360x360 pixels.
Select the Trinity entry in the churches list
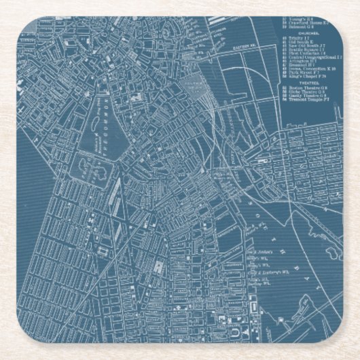300,41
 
